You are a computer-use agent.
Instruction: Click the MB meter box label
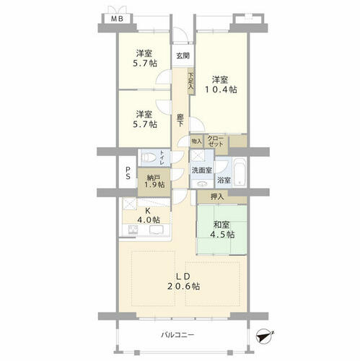[117, 19]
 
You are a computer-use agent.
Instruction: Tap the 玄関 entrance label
[183, 56]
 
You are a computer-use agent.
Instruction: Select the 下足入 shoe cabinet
[191, 82]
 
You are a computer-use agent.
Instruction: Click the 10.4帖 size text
[221, 90]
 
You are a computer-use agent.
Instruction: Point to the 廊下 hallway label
[180, 120]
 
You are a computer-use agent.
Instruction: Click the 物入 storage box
[197, 142]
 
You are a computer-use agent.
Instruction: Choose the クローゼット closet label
[216, 142]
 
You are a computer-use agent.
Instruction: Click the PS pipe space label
[128, 173]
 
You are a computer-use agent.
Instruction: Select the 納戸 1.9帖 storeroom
[154, 182]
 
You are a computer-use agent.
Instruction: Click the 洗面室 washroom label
[202, 170]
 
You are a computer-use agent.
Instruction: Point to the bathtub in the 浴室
[240, 171]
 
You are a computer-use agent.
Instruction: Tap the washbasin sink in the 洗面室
[202, 184]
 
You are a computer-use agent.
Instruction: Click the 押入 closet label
[217, 197]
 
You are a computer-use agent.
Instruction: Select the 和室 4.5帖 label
[221, 230]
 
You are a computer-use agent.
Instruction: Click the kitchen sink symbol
[157, 230]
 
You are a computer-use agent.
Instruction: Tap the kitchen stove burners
[132, 230]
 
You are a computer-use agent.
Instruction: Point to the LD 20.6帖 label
[184, 282]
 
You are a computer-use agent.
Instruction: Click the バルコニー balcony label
[177, 335]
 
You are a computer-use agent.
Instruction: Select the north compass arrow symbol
[265, 336]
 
